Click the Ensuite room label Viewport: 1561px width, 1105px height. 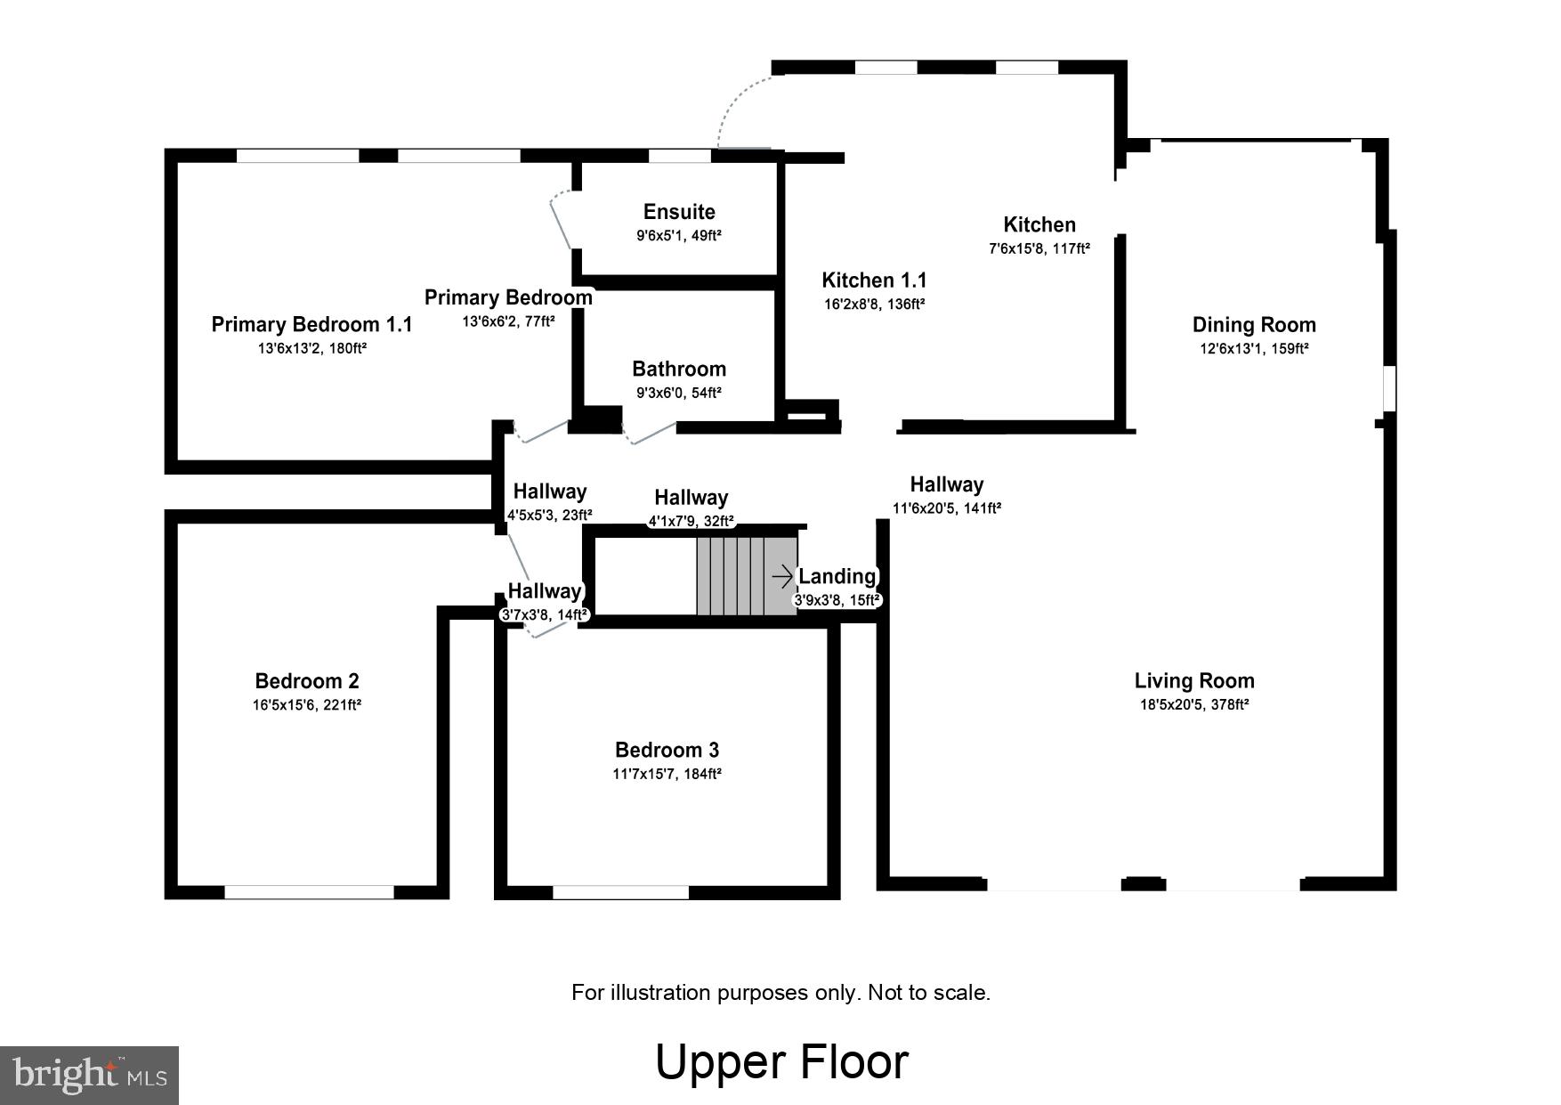point(679,212)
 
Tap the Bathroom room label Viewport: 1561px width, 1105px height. point(678,369)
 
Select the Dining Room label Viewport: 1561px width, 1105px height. point(1253,325)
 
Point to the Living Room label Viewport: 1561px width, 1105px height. point(1193,681)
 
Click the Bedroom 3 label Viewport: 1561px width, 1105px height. point(667,750)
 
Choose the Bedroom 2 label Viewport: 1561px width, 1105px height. point(307,681)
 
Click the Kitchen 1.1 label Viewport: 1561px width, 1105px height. point(874,280)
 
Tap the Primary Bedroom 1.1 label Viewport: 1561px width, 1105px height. point(311,324)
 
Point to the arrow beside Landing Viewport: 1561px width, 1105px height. point(782,577)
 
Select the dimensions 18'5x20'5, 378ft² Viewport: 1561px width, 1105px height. point(1193,704)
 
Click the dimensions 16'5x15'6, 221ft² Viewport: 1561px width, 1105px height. point(307,705)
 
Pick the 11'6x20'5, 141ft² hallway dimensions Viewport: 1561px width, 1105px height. point(946,508)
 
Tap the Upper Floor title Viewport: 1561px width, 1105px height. point(781,1061)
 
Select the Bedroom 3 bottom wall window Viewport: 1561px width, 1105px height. point(620,892)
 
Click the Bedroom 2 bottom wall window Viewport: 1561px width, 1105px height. point(309,892)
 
